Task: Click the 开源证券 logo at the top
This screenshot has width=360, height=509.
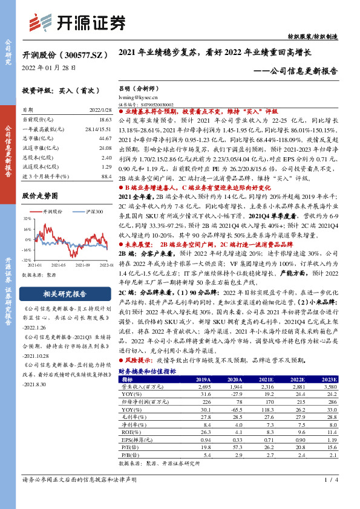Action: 79,22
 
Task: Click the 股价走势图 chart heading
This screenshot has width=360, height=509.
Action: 40,196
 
